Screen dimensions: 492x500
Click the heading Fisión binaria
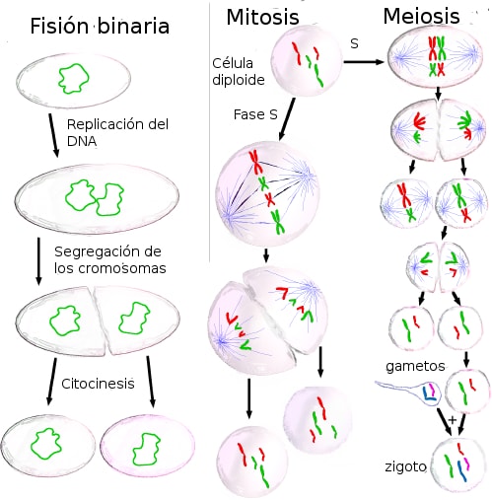tap(100, 26)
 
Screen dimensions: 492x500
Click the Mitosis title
tap(262, 17)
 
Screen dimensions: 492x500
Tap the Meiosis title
tap(421, 16)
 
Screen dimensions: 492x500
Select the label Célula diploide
tap(239, 71)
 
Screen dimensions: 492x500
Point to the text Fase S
tap(255, 114)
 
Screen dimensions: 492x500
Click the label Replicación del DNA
tap(117, 132)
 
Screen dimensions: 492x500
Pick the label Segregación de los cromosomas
tap(110, 259)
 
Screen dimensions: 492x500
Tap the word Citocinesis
tap(98, 384)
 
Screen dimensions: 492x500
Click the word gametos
tap(415, 366)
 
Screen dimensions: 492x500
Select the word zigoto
tap(405, 466)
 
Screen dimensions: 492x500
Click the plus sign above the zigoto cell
tap(453, 420)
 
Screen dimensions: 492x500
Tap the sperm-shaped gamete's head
tap(428, 393)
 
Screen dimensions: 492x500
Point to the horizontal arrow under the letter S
tap(364, 62)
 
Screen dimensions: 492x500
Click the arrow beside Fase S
tap(287, 119)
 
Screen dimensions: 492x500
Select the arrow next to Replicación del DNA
tap(54, 135)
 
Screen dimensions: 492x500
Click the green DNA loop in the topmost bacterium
tap(74, 79)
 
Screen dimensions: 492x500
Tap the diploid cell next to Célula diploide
tap(307, 61)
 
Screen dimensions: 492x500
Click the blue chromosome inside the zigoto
tap(462, 471)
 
